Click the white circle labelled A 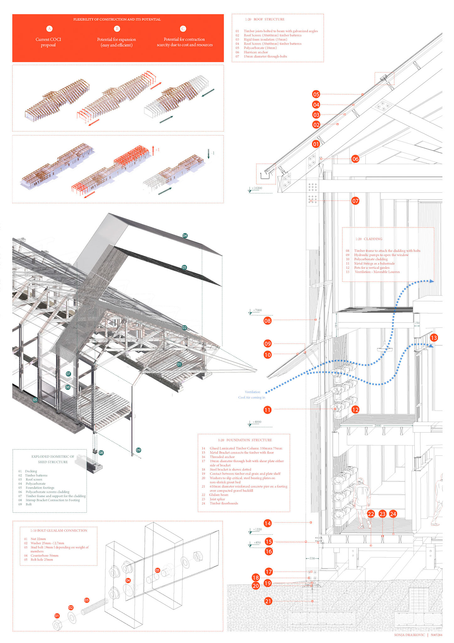49,29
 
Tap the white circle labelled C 183,29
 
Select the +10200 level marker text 257,188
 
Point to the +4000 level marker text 257,422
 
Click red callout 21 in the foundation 268,601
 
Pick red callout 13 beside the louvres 434,338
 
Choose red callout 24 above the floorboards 393,514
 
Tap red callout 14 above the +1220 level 268,523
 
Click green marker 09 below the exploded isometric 138,450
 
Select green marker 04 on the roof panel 185,235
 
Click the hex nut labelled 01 57,625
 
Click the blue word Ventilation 252,392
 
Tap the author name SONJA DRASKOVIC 409,635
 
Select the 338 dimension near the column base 312,558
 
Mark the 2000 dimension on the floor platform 377,425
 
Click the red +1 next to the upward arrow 157,150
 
